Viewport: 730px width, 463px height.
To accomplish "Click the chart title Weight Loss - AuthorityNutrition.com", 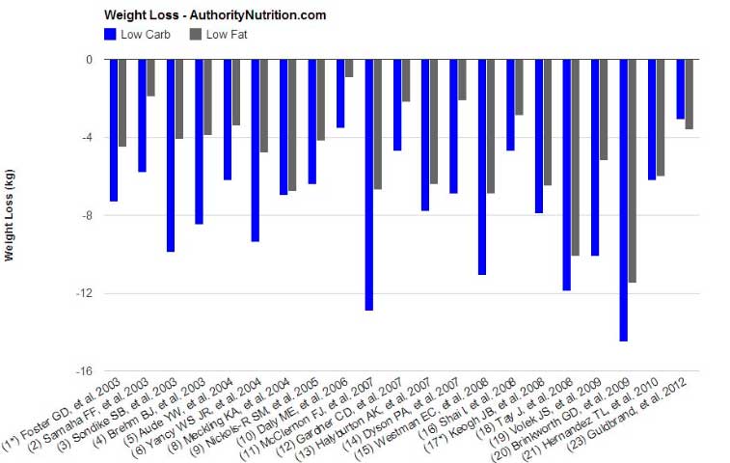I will [214, 15].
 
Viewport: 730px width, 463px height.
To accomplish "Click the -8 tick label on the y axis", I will [85, 215].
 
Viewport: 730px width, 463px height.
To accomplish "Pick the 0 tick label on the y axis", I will [88, 60].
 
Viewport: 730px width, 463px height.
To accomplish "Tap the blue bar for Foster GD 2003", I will [114, 130].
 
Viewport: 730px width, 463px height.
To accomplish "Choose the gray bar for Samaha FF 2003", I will [150, 78].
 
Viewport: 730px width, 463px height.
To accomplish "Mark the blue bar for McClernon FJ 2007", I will [369, 184].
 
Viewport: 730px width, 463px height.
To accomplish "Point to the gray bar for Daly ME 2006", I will [349, 68].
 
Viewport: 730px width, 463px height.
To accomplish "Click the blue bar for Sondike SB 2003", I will [171, 155].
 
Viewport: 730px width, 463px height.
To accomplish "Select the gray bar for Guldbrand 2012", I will [689, 95].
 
